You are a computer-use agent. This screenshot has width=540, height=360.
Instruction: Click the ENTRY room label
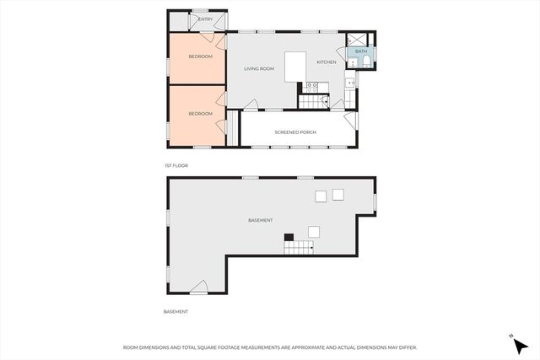point(205,19)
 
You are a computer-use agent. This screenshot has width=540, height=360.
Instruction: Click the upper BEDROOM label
point(200,57)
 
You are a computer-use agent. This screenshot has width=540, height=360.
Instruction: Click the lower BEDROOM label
point(200,113)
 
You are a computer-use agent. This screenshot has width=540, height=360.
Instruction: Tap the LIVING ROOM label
point(260,68)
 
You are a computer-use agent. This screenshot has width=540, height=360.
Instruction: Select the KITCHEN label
point(327,62)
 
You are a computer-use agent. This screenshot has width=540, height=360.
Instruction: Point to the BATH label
point(361,52)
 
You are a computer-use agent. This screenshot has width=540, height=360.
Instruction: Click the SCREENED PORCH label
point(295,132)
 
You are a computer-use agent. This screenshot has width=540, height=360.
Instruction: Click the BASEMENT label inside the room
point(260,220)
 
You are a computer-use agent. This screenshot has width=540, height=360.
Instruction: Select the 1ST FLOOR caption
point(175,165)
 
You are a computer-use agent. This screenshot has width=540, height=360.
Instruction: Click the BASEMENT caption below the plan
point(175,311)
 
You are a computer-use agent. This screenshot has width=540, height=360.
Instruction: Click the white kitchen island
point(294,67)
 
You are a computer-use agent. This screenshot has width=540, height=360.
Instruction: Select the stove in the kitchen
point(311,86)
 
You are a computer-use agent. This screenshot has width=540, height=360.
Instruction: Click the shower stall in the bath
point(359,39)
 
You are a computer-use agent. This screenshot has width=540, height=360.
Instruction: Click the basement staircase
point(298,246)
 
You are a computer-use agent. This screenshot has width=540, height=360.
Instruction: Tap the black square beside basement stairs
point(288,237)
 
